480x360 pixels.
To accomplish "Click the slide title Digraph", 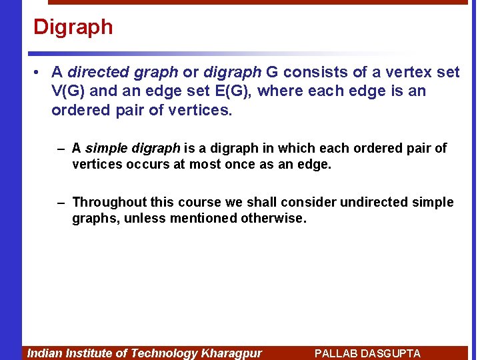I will (73, 27).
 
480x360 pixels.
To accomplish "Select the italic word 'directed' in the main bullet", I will (95, 72).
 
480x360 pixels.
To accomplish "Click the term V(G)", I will (70, 91).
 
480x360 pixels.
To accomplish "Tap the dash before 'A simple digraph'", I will (61, 148).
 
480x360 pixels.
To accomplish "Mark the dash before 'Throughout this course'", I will (61, 202).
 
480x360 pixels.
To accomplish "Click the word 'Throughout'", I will (109, 202).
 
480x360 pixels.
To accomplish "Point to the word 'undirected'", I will (373, 202).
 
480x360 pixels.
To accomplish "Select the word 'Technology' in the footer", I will (164, 353).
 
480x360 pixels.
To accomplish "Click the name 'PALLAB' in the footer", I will (335, 353).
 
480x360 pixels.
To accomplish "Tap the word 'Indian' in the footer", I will (43, 353).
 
